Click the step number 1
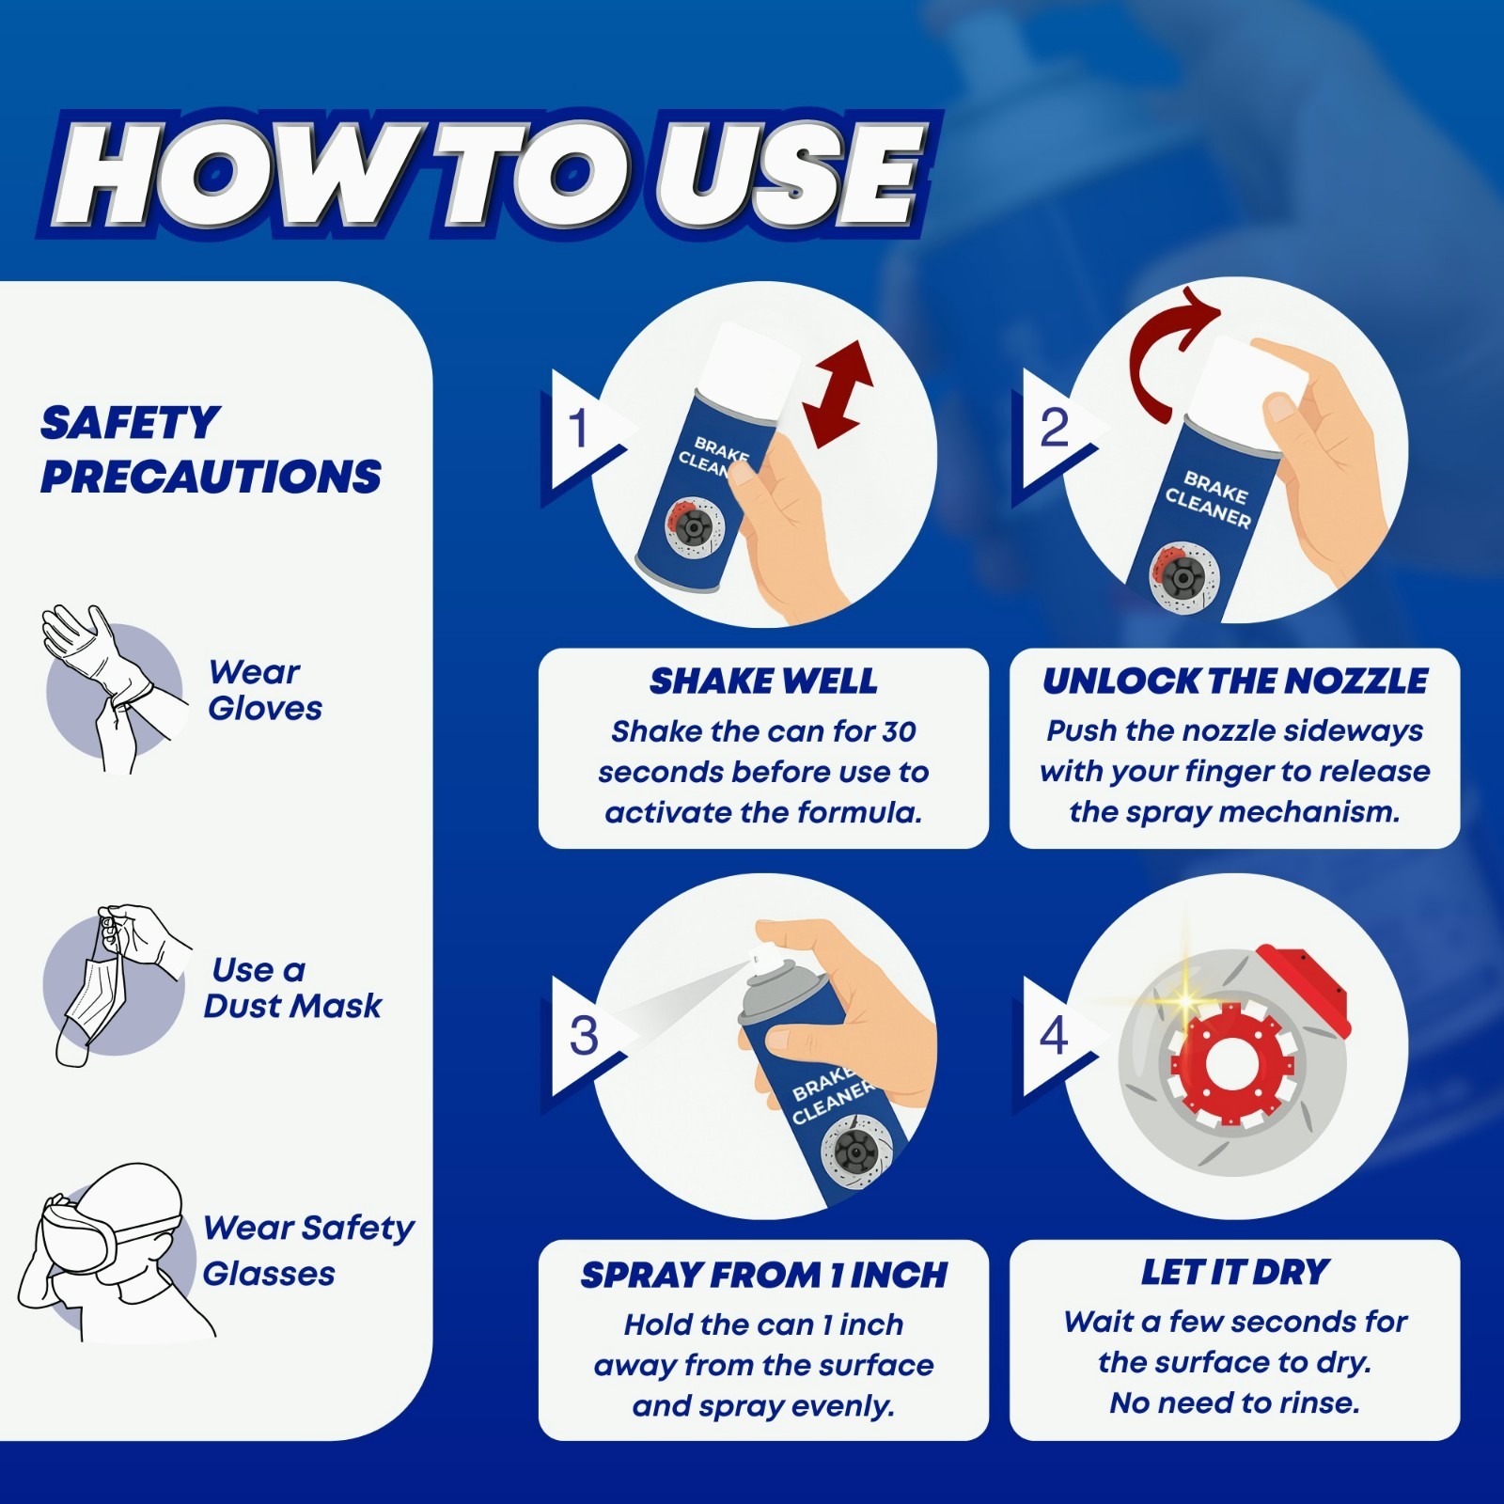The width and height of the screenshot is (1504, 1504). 578,428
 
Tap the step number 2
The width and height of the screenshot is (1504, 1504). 1054,428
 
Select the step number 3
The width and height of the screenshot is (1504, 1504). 584,1035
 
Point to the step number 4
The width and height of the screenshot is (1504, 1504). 1054,1035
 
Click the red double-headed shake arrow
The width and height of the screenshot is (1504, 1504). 838,394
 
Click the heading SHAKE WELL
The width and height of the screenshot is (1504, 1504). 763,681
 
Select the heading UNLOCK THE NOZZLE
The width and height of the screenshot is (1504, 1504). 1235,681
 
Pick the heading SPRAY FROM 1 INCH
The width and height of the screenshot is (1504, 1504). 763,1275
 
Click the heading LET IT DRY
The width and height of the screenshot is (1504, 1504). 1235,1272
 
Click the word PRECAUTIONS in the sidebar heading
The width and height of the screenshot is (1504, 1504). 211,477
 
